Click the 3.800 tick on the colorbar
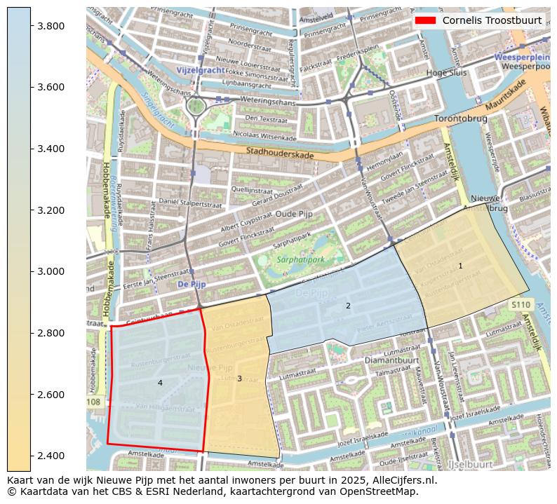pos(31,26)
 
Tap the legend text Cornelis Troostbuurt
pos(492,20)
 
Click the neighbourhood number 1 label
pos(460,266)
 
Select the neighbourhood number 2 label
pos(348,306)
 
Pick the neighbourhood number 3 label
pos(239,379)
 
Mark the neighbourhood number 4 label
pos(160,383)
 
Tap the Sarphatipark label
pos(300,259)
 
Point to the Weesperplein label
pos(520,56)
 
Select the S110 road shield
pos(520,305)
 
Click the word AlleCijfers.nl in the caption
pos(399,481)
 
